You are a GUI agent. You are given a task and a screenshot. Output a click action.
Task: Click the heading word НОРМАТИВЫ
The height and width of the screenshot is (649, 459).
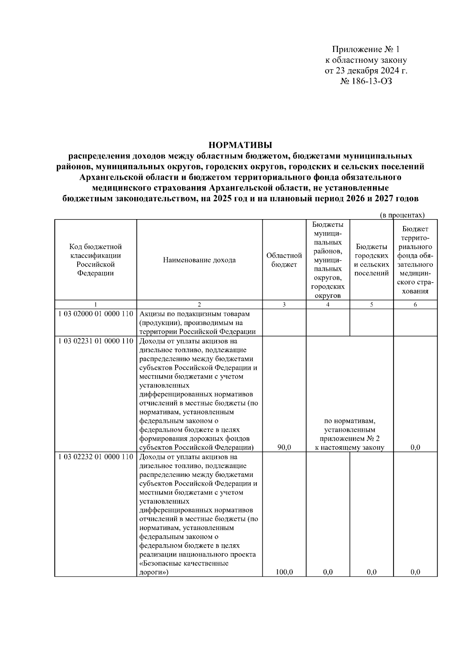click(240, 145)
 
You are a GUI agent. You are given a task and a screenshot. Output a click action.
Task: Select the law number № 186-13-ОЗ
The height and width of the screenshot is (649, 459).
click(366, 81)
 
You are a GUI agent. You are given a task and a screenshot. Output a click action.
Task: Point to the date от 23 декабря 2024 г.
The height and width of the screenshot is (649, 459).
click(366, 71)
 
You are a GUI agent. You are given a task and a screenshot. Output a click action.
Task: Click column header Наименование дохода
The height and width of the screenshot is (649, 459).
click(199, 260)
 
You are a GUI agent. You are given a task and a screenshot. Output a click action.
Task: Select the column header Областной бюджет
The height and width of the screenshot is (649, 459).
click(284, 260)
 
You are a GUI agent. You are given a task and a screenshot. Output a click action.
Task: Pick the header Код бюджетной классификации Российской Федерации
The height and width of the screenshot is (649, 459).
click(95, 260)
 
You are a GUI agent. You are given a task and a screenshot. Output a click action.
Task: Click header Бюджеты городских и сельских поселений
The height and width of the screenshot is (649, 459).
click(371, 260)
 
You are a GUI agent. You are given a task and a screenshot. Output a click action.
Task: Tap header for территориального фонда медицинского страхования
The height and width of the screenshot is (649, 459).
click(415, 260)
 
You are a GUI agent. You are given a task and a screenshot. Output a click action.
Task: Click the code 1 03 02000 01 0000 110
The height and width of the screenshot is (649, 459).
click(96, 314)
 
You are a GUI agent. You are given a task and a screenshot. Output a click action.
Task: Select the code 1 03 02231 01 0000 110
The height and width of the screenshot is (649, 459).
click(96, 341)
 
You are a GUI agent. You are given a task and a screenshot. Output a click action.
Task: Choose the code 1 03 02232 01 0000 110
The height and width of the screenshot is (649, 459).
click(96, 457)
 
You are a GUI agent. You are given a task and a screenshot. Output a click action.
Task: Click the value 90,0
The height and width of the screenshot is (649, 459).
click(284, 447)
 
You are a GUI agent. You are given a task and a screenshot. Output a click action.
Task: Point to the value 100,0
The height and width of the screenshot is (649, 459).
click(284, 572)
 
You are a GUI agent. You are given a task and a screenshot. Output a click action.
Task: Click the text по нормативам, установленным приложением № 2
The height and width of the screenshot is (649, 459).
click(350, 430)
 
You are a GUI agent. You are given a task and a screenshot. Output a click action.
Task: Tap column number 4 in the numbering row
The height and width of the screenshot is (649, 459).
click(328, 305)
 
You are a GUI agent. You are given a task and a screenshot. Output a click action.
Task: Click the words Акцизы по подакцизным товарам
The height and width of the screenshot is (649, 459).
click(194, 314)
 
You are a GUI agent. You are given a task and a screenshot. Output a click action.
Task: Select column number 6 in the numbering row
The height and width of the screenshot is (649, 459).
click(415, 305)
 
